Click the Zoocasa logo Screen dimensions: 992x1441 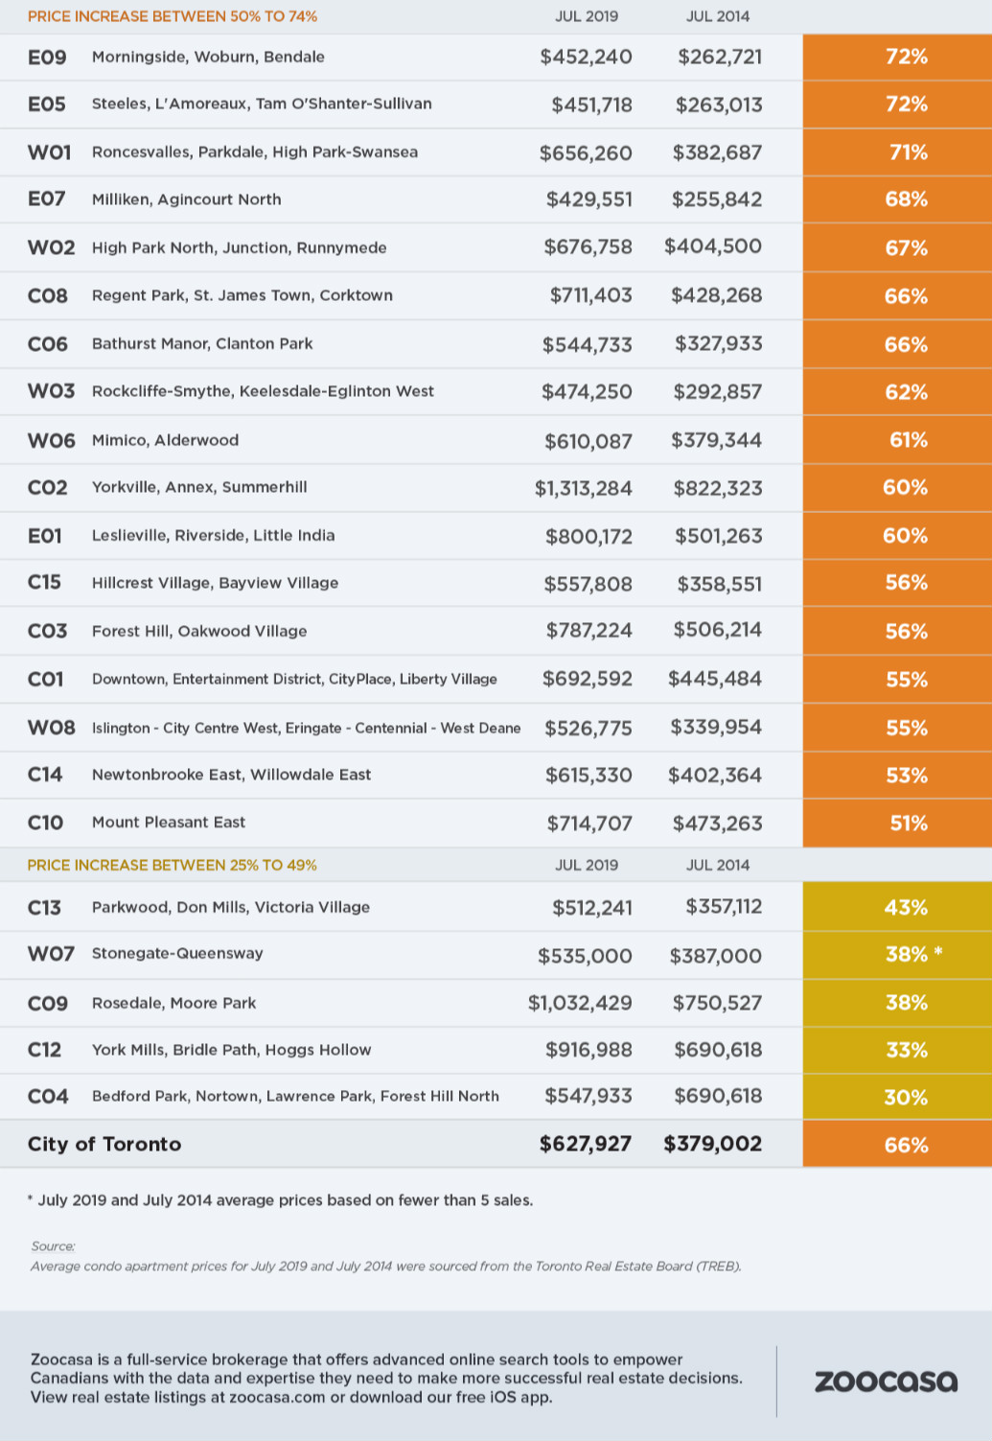[886, 1382]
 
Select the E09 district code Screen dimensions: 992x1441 [47, 58]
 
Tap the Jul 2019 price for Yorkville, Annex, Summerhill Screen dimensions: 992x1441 [583, 488]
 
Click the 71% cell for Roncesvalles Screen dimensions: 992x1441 [897, 152]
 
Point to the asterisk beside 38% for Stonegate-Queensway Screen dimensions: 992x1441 [938, 951]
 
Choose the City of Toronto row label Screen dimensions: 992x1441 [104, 1144]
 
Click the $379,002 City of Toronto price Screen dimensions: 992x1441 [712, 1144]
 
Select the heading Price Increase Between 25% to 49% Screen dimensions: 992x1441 [172, 865]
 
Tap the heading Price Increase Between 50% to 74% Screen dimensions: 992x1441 [173, 16]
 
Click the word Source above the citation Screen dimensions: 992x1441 [53, 1246]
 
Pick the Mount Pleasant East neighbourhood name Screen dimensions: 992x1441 [169, 823]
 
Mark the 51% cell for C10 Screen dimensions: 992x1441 [897, 824]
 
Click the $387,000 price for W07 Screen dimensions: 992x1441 [716, 956]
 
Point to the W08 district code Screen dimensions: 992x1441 [51, 728]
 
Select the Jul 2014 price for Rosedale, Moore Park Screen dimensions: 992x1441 [717, 1003]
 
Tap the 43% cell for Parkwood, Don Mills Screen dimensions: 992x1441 [897, 906]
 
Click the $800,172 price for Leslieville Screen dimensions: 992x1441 [588, 537]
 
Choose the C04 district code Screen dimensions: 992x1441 [48, 1096]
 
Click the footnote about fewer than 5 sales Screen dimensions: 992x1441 [280, 1200]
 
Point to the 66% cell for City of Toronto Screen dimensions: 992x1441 [897, 1145]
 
